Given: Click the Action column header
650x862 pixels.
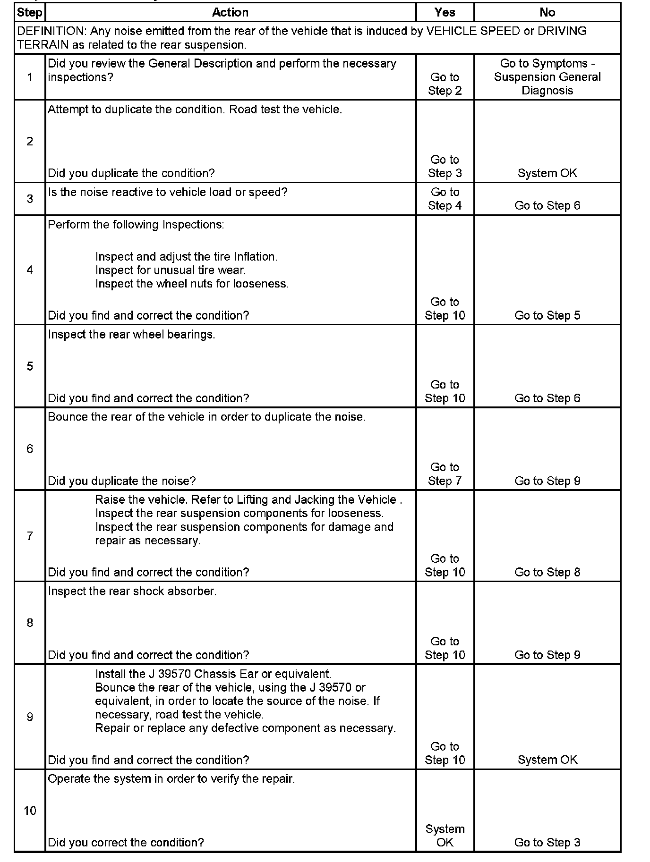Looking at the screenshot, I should pyautogui.click(x=230, y=12).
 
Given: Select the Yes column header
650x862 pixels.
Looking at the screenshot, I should pyautogui.click(x=445, y=12).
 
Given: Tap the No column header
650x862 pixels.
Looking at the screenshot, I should pyautogui.click(x=547, y=12).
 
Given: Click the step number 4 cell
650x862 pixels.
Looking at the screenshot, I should pyautogui.click(x=30, y=270).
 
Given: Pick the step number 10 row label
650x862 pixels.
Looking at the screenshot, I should pyautogui.click(x=30, y=811).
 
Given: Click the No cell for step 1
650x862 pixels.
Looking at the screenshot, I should pyautogui.click(x=547, y=77).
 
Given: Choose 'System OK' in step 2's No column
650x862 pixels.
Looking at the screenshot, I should pyautogui.click(x=547, y=173).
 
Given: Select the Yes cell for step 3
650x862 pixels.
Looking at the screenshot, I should pyautogui.click(x=445, y=199).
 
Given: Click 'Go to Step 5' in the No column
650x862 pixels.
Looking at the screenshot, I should pyautogui.click(x=547, y=315).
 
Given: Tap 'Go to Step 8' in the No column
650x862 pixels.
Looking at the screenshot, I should pyautogui.click(x=547, y=572).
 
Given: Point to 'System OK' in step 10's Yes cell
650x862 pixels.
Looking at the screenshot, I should pyautogui.click(x=445, y=836).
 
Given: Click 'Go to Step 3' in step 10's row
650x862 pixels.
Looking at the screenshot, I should pyautogui.click(x=547, y=842).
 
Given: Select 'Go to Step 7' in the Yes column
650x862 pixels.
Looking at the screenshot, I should pyautogui.click(x=445, y=474).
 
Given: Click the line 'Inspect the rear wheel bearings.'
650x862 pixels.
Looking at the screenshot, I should pyautogui.click(x=131, y=335).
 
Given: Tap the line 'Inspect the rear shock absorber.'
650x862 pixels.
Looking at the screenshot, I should pyautogui.click(x=132, y=592).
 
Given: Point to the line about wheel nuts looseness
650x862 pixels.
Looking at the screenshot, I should pyautogui.click(x=192, y=284).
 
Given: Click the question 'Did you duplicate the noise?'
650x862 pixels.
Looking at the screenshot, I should pyautogui.click(x=122, y=481).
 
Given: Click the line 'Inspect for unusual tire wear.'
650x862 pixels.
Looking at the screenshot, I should pyautogui.click(x=171, y=270).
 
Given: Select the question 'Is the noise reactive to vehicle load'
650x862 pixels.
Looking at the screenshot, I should pyautogui.click(x=168, y=192).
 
